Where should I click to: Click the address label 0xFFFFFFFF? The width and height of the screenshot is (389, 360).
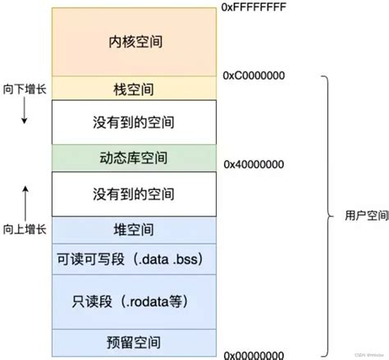(254, 7)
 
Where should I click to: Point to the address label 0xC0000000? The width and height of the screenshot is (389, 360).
(254, 75)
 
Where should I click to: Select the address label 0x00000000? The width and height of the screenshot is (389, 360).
(254, 353)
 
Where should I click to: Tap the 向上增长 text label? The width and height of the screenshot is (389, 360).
(25, 229)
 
